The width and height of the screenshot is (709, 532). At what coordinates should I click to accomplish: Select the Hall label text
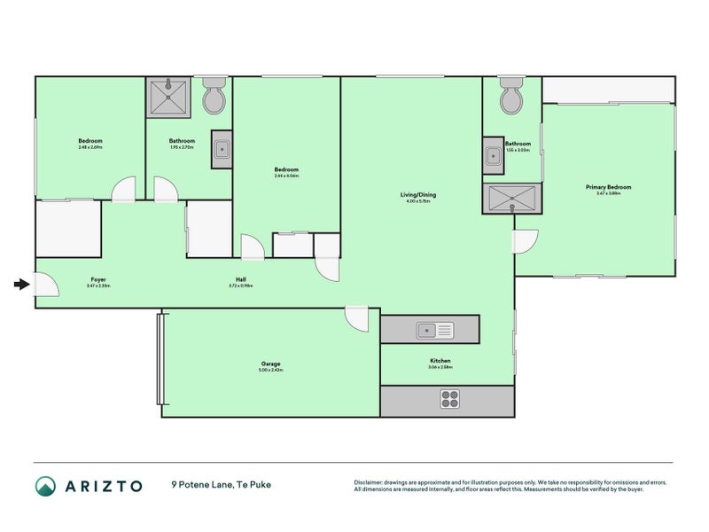241,280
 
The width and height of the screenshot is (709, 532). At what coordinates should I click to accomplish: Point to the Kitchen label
440,362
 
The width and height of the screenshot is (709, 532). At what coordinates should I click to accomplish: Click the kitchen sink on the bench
435,330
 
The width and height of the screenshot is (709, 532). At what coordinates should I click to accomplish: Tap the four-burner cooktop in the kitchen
450,400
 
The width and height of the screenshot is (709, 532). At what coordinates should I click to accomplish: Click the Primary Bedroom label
608,187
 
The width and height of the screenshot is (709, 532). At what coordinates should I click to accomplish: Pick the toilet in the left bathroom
214,99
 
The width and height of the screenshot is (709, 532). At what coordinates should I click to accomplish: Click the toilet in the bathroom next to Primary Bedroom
511,98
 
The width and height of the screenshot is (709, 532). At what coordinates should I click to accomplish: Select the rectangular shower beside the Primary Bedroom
510,199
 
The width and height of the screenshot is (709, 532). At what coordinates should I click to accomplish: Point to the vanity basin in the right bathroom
492,155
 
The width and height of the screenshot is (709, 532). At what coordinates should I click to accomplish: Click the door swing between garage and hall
357,318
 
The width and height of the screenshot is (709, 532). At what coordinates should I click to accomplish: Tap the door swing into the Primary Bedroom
526,240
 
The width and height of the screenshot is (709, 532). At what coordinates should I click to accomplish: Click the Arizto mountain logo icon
45,485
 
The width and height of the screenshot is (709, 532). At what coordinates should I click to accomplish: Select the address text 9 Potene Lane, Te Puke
221,485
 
